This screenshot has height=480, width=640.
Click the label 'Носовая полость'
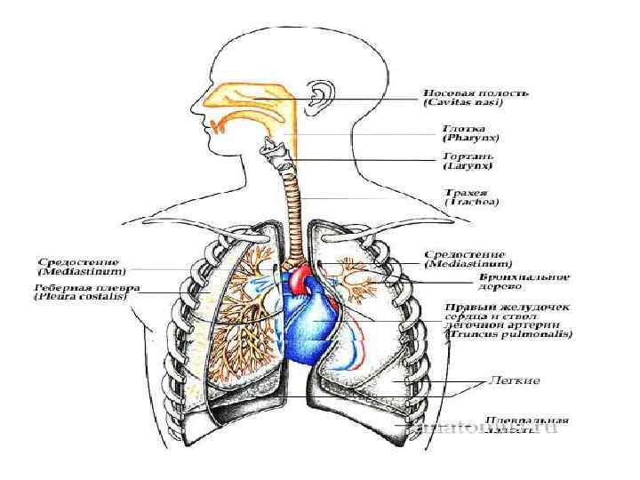(x=476, y=92)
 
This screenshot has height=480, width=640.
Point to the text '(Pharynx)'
(x=470, y=139)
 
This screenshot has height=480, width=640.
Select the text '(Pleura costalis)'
(x=81, y=297)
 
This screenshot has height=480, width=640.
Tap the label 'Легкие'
(x=515, y=380)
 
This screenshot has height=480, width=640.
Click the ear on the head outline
(x=317, y=91)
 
